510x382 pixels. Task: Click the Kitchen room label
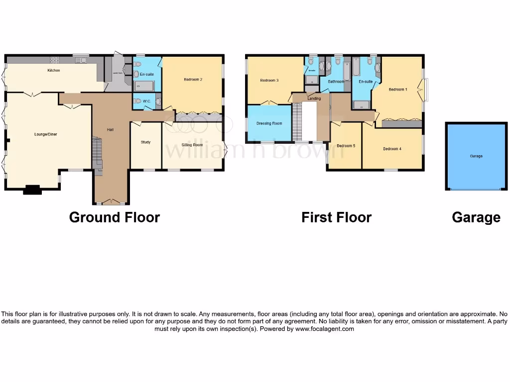click(x=54, y=71)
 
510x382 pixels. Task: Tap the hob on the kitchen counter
click(x=55, y=60)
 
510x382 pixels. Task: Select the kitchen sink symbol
click(x=80, y=60)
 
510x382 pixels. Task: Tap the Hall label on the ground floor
click(x=111, y=130)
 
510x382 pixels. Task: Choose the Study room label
click(x=145, y=142)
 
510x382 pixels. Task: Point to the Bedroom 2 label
click(x=192, y=80)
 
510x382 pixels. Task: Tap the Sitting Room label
click(x=192, y=145)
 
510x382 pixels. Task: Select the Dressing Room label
click(x=269, y=123)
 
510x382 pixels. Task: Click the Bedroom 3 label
click(x=269, y=80)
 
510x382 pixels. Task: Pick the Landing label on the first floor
click(x=314, y=98)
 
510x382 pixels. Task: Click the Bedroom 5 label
click(x=346, y=146)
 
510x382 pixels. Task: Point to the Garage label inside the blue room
click(x=476, y=156)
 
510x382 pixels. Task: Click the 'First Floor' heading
click(x=336, y=217)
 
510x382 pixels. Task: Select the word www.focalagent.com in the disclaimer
click(x=324, y=329)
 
